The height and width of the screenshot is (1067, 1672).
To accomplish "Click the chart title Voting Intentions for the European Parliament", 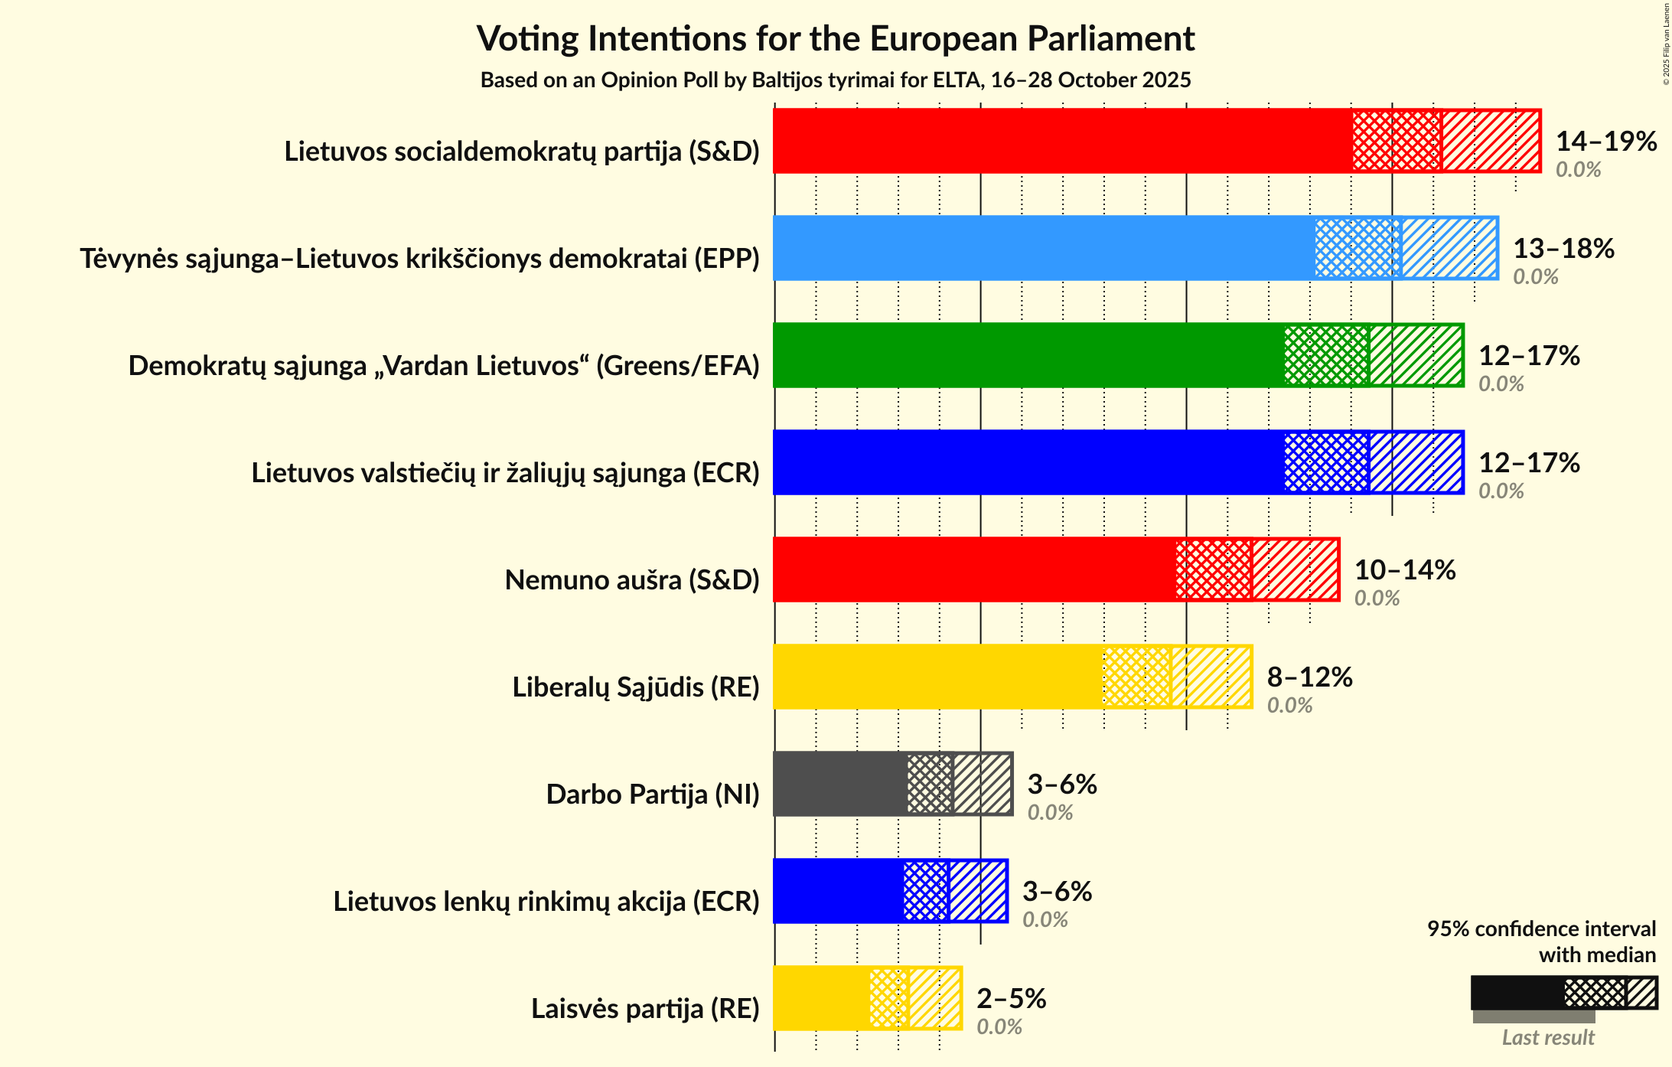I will pyautogui.click(x=836, y=38).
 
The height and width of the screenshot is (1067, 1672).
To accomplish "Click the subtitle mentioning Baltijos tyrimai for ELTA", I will pyautogui.click(x=836, y=80).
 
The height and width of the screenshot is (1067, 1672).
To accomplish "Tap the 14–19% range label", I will pyautogui.click(x=1605, y=141).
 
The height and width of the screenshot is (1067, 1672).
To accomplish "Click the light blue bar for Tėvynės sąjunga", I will pyautogui.click(x=1044, y=248).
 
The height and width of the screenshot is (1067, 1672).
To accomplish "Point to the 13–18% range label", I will pyautogui.click(x=1563, y=248).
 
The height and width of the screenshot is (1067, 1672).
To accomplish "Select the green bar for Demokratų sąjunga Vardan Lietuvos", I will pyautogui.click(x=1028, y=355).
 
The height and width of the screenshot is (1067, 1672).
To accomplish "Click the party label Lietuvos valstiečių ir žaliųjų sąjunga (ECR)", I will pyautogui.click(x=505, y=473).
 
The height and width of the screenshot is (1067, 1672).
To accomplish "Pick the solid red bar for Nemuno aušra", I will pyautogui.click(x=974, y=569).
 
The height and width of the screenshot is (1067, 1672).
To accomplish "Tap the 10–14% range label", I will pyautogui.click(x=1404, y=569).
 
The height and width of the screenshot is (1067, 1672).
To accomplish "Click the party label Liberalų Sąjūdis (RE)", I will pyautogui.click(x=635, y=687).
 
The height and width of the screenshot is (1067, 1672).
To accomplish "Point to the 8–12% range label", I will pyautogui.click(x=1309, y=677).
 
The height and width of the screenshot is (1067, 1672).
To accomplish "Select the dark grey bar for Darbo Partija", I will pyautogui.click(x=840, y=784).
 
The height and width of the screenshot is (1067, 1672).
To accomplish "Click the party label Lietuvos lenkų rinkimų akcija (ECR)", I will pyautogui.click(x=546, y=902).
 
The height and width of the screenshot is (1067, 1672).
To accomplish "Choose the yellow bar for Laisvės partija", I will pyautogui.click(x=821, y=998).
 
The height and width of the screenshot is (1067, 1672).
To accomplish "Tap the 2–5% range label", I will pyautogui.click(x=1011, y=998).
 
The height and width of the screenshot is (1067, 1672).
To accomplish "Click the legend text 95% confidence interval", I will pyautogui.click(x=1540, y=928).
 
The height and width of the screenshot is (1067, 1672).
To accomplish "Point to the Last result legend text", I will pyautogui.click(x=1547, y=1037).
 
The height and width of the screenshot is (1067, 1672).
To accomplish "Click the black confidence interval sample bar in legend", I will pyautogui.click(x=1517, y=993).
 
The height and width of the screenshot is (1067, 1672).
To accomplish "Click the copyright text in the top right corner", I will pyautogui.click(x=1666, y=44).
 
